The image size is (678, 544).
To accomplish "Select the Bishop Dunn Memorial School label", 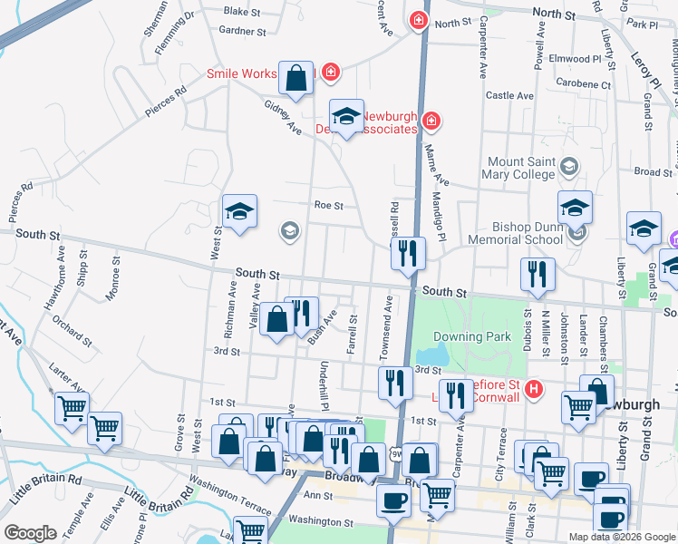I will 516,233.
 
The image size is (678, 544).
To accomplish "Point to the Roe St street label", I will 328,206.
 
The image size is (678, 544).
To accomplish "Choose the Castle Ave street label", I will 510,95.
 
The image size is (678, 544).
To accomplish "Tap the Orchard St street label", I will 72,330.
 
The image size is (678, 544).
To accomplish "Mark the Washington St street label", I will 321,522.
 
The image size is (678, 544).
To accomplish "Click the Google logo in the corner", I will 30,534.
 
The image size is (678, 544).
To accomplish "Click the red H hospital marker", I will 534,389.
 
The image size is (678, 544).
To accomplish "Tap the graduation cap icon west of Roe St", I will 240,213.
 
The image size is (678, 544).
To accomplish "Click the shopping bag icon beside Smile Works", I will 295,79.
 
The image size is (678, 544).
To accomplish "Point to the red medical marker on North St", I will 418,20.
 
